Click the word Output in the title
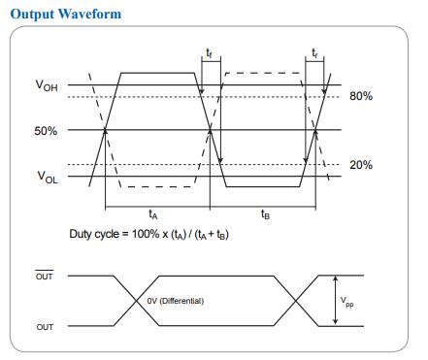(32, 15)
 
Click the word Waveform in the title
(90, 14)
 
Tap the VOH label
(47, 85)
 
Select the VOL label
(48, 178)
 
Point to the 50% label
(46, 131)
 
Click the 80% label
(361, 96)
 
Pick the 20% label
(361, 165)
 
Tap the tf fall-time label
(210, 52)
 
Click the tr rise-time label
(314, 52)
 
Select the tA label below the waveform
(153, 214)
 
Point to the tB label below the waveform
(266, 214)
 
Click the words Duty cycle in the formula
(94, 234)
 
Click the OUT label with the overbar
(45, 276)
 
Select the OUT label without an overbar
(45, 327)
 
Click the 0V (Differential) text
(176, 301)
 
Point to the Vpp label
(346, 302)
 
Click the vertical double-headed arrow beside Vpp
(336, 300)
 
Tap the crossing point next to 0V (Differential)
(136, 301)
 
